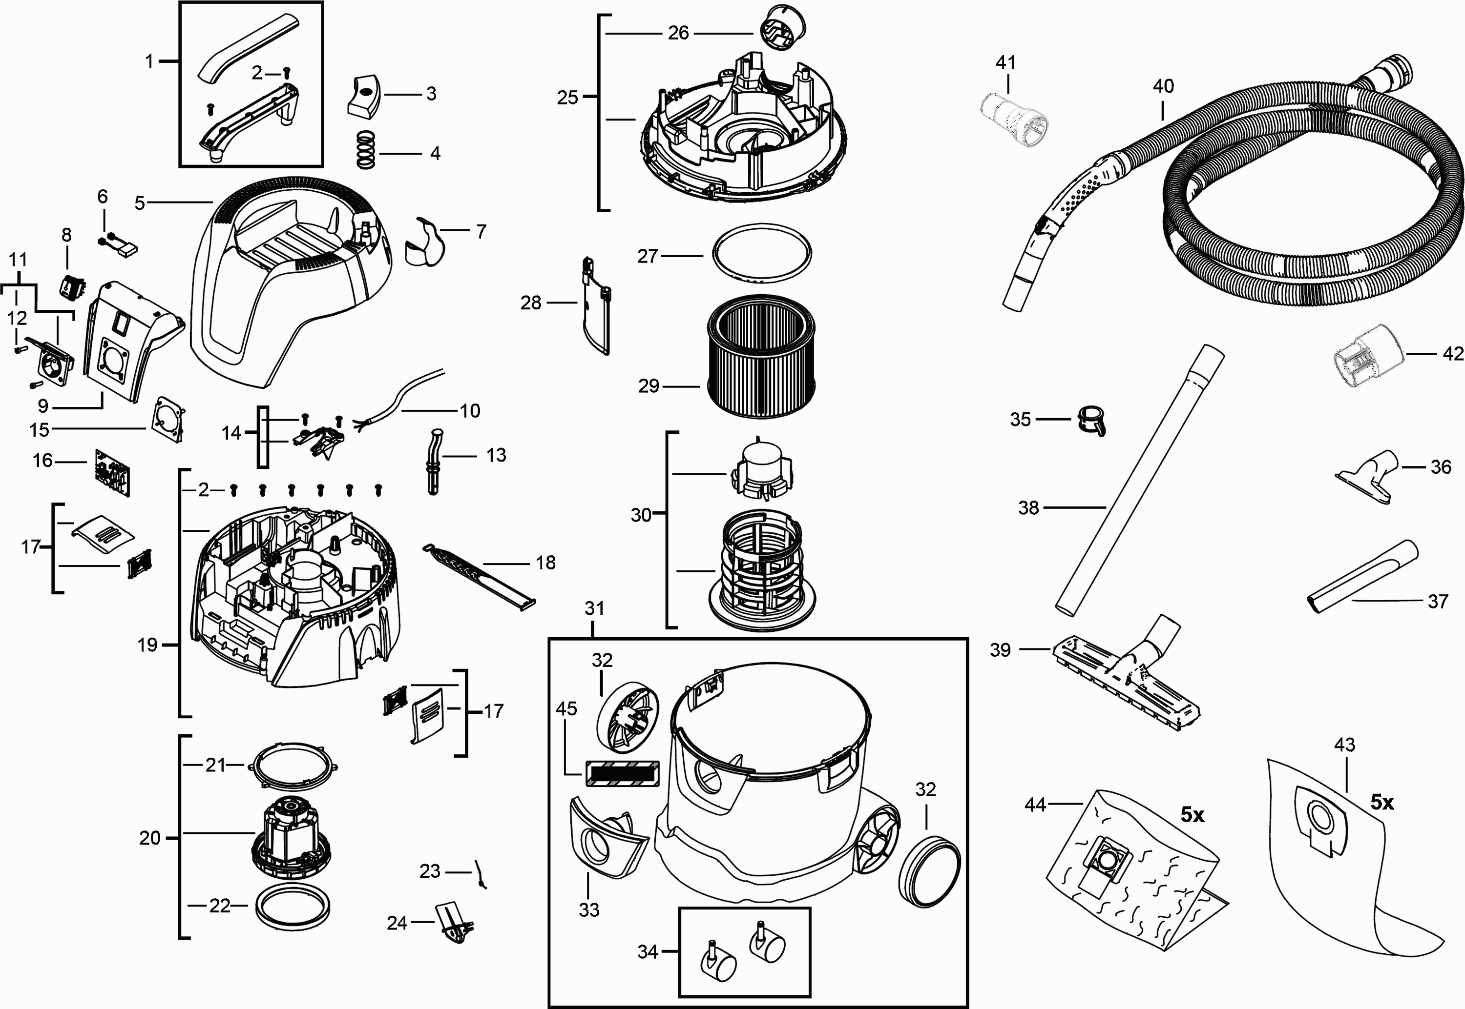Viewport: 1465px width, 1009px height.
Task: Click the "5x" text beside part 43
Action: pos(1382,803)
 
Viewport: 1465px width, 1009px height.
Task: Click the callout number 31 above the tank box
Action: pos(594,608)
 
